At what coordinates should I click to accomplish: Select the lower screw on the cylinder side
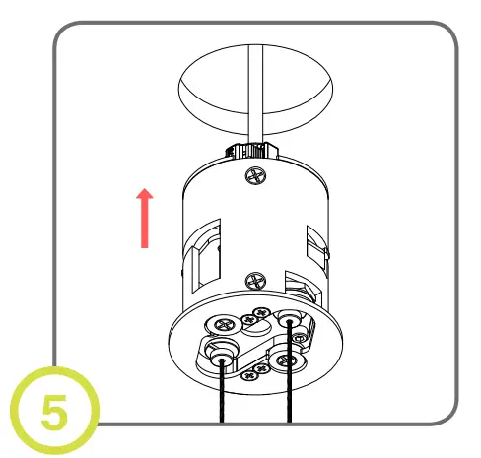coord(253,281)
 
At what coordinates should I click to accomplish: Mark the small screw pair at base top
coord(253,317)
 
